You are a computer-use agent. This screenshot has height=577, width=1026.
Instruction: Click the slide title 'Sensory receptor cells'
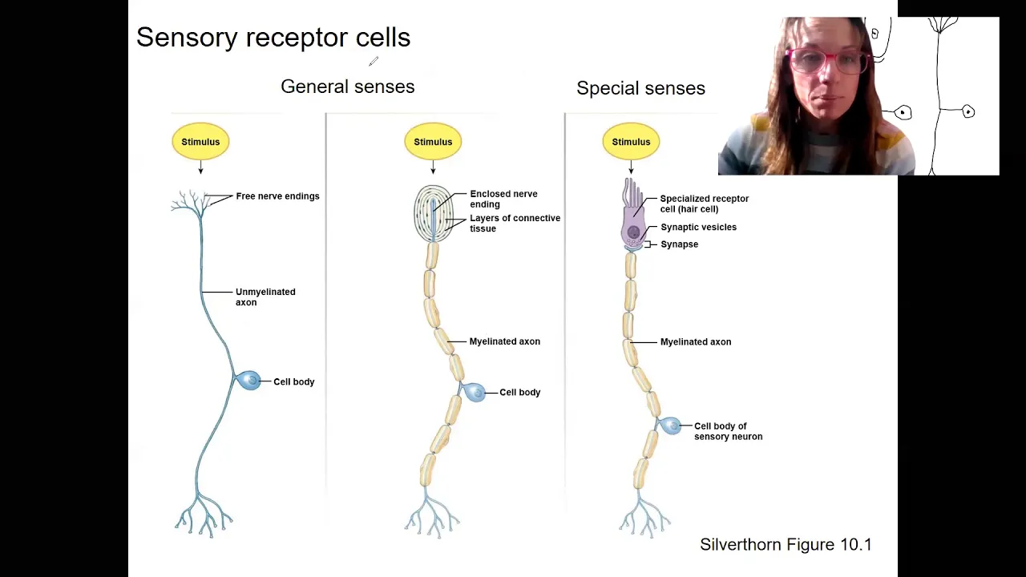(x=273, y=37)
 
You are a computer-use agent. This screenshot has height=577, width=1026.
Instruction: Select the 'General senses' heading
(x=348, y=87)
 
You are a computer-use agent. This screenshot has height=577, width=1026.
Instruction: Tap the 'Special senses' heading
(x=640, y=88)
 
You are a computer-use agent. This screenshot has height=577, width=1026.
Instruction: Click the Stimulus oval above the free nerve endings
(x=200, y=142)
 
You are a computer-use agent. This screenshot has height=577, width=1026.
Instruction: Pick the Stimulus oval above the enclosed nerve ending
(x=433, y=142)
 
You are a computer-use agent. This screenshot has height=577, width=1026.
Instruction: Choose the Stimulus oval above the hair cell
(x=631, y=142)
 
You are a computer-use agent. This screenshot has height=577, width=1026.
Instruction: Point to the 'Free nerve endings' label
(x=277, y=196)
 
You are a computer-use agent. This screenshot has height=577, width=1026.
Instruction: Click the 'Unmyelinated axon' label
(x=265, y=297)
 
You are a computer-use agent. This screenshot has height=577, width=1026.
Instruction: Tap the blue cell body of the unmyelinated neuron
(x=248, y=381)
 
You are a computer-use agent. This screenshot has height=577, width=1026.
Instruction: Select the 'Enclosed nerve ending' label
(x=503, y=199)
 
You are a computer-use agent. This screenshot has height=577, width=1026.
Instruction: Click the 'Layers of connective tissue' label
(x=515, y=223)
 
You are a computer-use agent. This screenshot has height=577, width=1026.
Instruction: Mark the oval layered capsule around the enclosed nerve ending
(x=434, y=213)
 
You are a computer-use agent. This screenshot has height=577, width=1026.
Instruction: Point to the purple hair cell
(x=632, y=216)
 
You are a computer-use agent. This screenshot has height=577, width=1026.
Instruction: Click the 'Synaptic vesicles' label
(x=698, y=227)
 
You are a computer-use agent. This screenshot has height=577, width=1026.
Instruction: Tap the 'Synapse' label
(x=679, y=244)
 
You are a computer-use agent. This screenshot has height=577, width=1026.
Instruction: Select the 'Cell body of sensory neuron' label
(x=729, y=431)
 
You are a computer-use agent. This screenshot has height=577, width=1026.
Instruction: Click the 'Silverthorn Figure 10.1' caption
(x=786, y=544)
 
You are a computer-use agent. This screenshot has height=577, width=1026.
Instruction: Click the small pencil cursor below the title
(x=374, y=62)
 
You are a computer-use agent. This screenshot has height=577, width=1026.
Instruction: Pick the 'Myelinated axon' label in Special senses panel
(x=695, y=341)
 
